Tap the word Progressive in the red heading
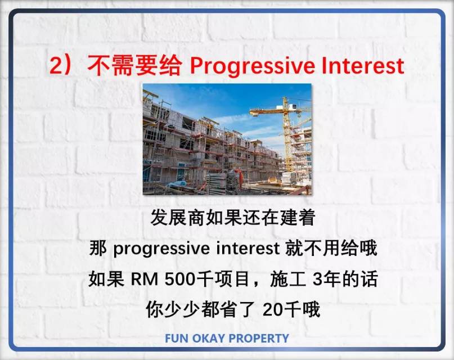252,67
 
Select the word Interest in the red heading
363,65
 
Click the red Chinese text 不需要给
134,65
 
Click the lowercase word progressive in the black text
161,249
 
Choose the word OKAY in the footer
209,338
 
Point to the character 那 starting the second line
98,248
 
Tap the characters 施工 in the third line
288,279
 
